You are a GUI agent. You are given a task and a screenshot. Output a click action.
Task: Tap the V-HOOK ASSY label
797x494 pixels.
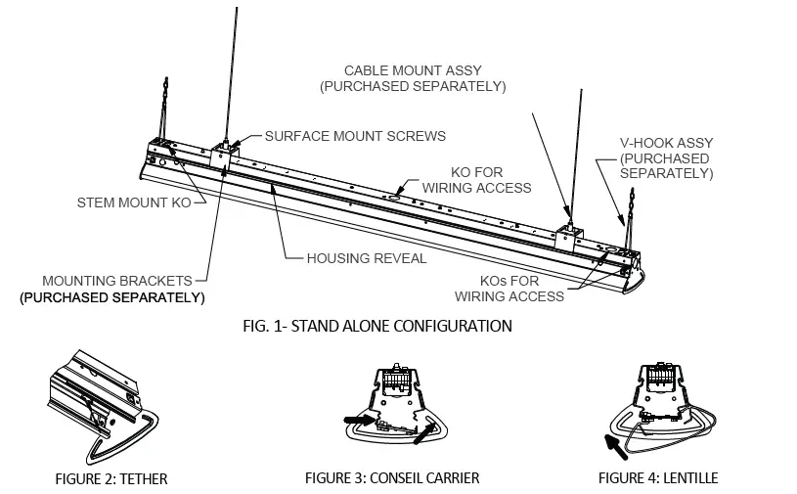point(665,157)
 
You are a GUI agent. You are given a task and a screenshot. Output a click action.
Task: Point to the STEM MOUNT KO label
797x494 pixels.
point(135,203)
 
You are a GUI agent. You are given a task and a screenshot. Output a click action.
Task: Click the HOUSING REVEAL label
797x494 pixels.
point(366,258)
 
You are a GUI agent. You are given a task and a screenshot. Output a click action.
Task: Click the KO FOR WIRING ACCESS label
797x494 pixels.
point(476,179)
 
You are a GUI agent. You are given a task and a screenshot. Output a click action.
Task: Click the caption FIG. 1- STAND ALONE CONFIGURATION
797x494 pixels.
point(376,326)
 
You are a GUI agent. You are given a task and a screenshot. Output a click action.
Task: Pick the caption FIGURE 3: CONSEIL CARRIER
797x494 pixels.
point(391,478)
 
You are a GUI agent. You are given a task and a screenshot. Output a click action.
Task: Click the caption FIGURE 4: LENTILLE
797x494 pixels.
point(658,478)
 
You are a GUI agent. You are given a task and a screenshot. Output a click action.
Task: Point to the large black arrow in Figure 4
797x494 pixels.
point(616,450)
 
